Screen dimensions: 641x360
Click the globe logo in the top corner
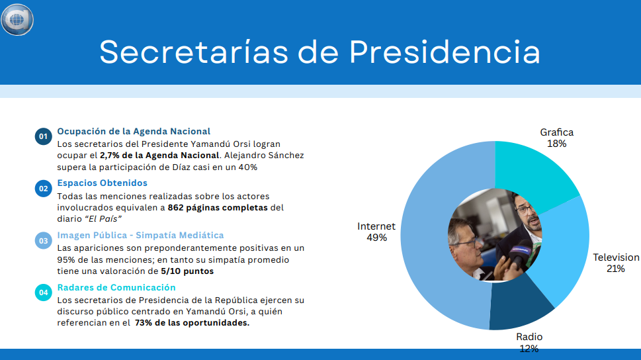17,20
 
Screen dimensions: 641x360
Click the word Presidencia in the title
445,52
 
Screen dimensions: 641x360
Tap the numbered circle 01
44,136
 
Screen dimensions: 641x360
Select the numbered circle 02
44,189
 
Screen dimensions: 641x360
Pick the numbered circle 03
44,240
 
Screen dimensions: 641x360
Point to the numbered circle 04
44,292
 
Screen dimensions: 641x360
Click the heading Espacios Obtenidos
102,183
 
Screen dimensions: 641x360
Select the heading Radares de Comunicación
116,287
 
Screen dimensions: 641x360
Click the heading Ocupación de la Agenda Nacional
134,131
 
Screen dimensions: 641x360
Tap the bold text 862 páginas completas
218,207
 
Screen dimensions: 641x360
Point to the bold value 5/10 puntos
187,271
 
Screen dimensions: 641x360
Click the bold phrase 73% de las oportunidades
192,323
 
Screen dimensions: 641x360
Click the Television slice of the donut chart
566,246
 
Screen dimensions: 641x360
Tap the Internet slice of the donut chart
429,246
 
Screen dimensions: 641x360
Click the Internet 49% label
376,232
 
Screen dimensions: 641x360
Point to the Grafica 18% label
557,138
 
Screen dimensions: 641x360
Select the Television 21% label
616,263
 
